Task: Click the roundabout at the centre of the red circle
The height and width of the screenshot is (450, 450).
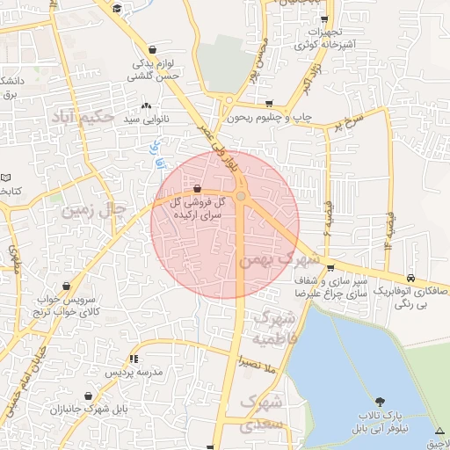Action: [x=241, y=197]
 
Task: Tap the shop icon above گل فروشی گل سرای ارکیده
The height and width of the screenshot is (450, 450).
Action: [x=197, y=188]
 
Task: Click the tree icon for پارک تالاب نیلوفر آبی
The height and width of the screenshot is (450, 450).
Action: [x=380, y=400]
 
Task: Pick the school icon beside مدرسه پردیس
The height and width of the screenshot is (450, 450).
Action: [x=134, y=359]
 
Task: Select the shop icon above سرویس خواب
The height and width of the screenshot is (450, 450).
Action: [x=68, y=286]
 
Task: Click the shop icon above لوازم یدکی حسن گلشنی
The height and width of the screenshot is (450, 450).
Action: [x=155, y=49]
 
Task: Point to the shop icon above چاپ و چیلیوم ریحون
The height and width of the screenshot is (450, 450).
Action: [x=269, y=104]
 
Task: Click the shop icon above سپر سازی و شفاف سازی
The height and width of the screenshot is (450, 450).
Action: [x=330, y=268]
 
